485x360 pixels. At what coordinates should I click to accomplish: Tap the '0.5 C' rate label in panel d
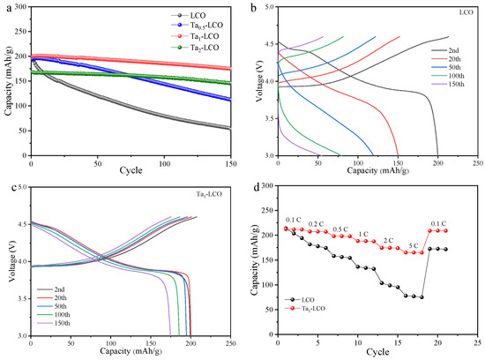point(339,228)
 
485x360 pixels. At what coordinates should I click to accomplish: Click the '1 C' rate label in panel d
point(363,234)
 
